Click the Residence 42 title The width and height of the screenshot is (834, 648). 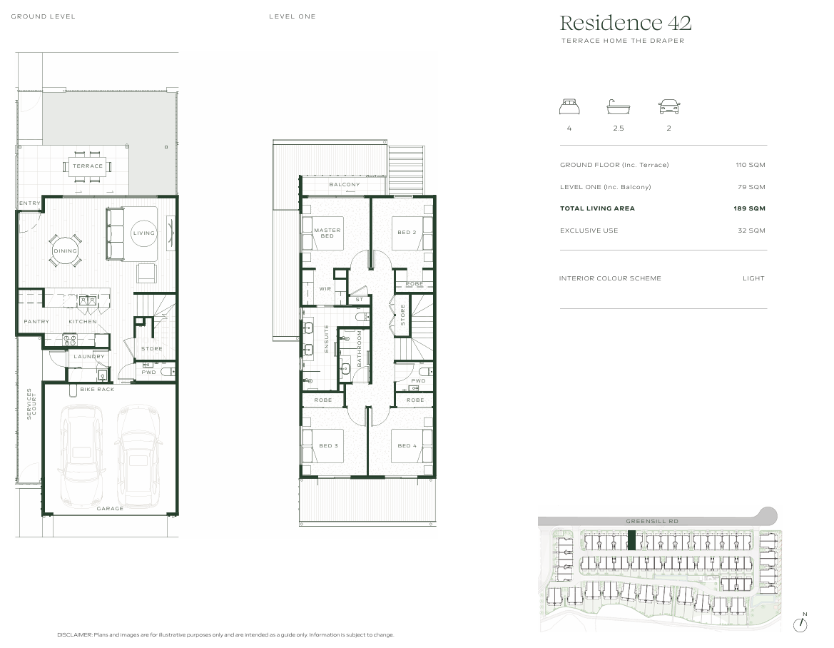point(625,24)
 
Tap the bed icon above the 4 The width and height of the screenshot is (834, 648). point(569,107)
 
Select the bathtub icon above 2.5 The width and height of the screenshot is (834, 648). point(618,108)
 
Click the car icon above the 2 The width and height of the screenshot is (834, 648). point(668,107)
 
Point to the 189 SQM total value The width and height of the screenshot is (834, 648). point(751,208)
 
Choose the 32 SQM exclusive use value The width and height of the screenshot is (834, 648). point(751,231)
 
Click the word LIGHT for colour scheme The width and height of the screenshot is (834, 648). point(753,278)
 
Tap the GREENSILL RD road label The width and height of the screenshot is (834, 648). point(652,522)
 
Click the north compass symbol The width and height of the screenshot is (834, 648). point(803,624)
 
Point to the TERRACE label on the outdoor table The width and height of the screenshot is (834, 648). point(88,166)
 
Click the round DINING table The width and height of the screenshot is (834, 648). point(65,250)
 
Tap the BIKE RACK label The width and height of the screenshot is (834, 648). point(97,389)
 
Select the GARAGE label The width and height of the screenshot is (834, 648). point(111,509)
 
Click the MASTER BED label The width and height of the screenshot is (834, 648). point(327,233)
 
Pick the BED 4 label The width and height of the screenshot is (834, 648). point(407,446)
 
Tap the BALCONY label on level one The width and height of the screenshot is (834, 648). point(345,185)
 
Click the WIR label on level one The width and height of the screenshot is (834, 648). point(325,288)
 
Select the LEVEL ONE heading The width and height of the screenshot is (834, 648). point(292,16)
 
